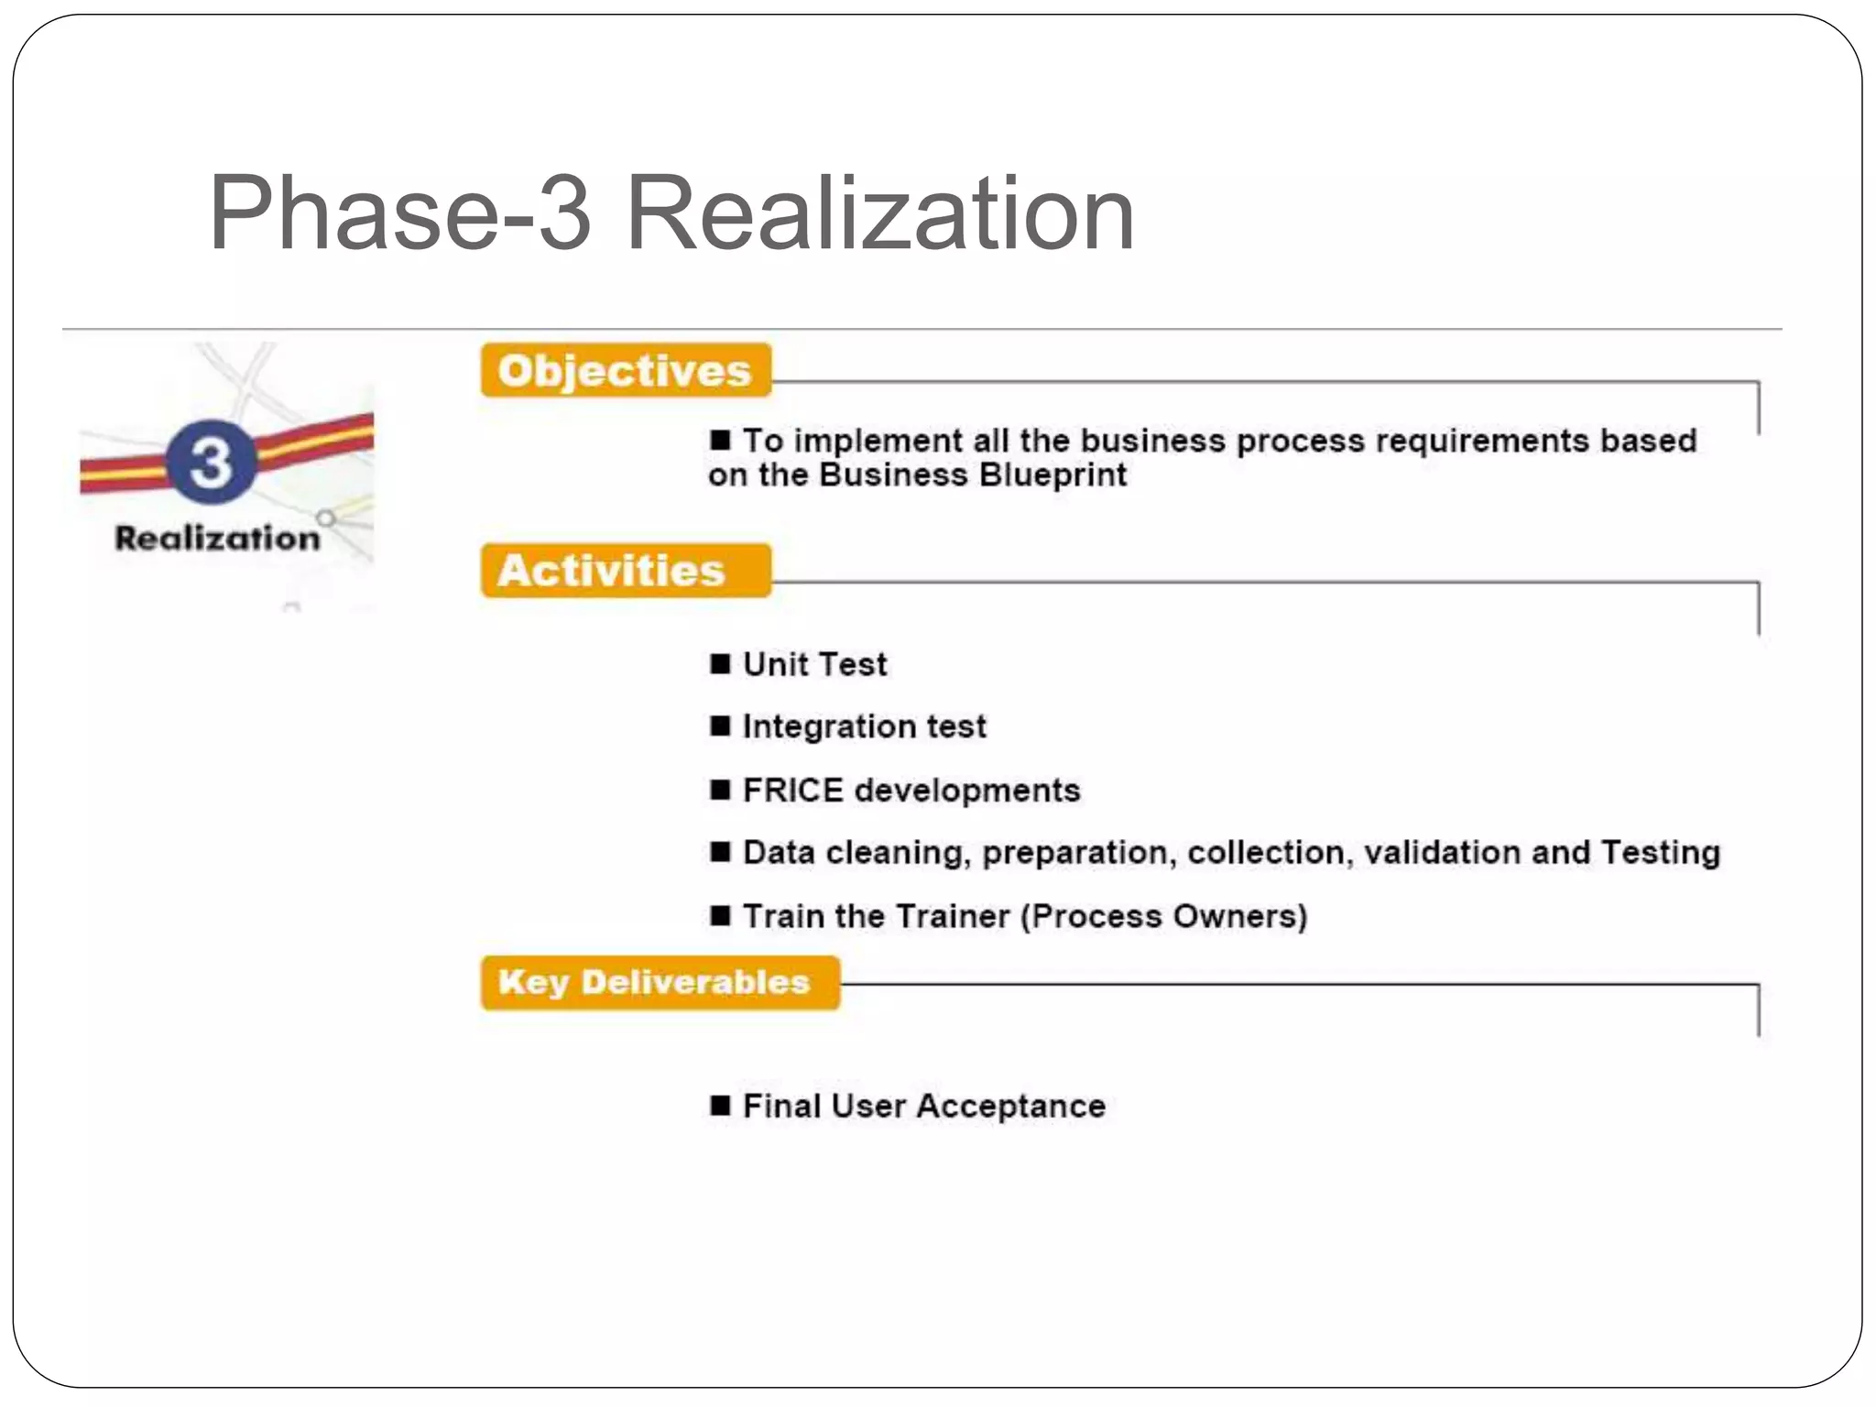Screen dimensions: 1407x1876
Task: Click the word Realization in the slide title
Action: pyautogui.click(x=879, y=215)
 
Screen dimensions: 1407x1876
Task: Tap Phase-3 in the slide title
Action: pyautogui.click(x=399, y=215)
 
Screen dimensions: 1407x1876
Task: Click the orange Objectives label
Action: pyautogui.click(x=625, y=371)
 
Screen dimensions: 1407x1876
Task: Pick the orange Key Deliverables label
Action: pyautogui.click(x=654, y=982)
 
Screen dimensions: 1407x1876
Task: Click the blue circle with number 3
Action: pyautogui.click(x=212, y=462)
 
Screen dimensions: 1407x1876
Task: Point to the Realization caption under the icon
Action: pyautogui.click(x=217, y=538)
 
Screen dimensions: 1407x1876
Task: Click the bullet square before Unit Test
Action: pyautogui.click(x=720, y=663)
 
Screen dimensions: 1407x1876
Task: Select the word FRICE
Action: pyautogui.click(x=792, y=790)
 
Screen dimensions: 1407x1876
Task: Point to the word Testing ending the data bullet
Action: pyautogui.click(x=1660, y=853)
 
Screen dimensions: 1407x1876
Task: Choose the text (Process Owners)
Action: pyautogui.click(x=1164, y=916)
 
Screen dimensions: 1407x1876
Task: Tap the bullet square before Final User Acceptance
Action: pyautogui.click(x=720, y=1106)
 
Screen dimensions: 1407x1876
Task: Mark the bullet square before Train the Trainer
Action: pyautogui.click(x=720, y=915)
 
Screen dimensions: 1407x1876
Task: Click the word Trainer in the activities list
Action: pyautogui.click(x=953, y=916)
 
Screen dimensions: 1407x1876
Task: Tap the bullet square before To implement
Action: pyautogui.click(x=720, y=440)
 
